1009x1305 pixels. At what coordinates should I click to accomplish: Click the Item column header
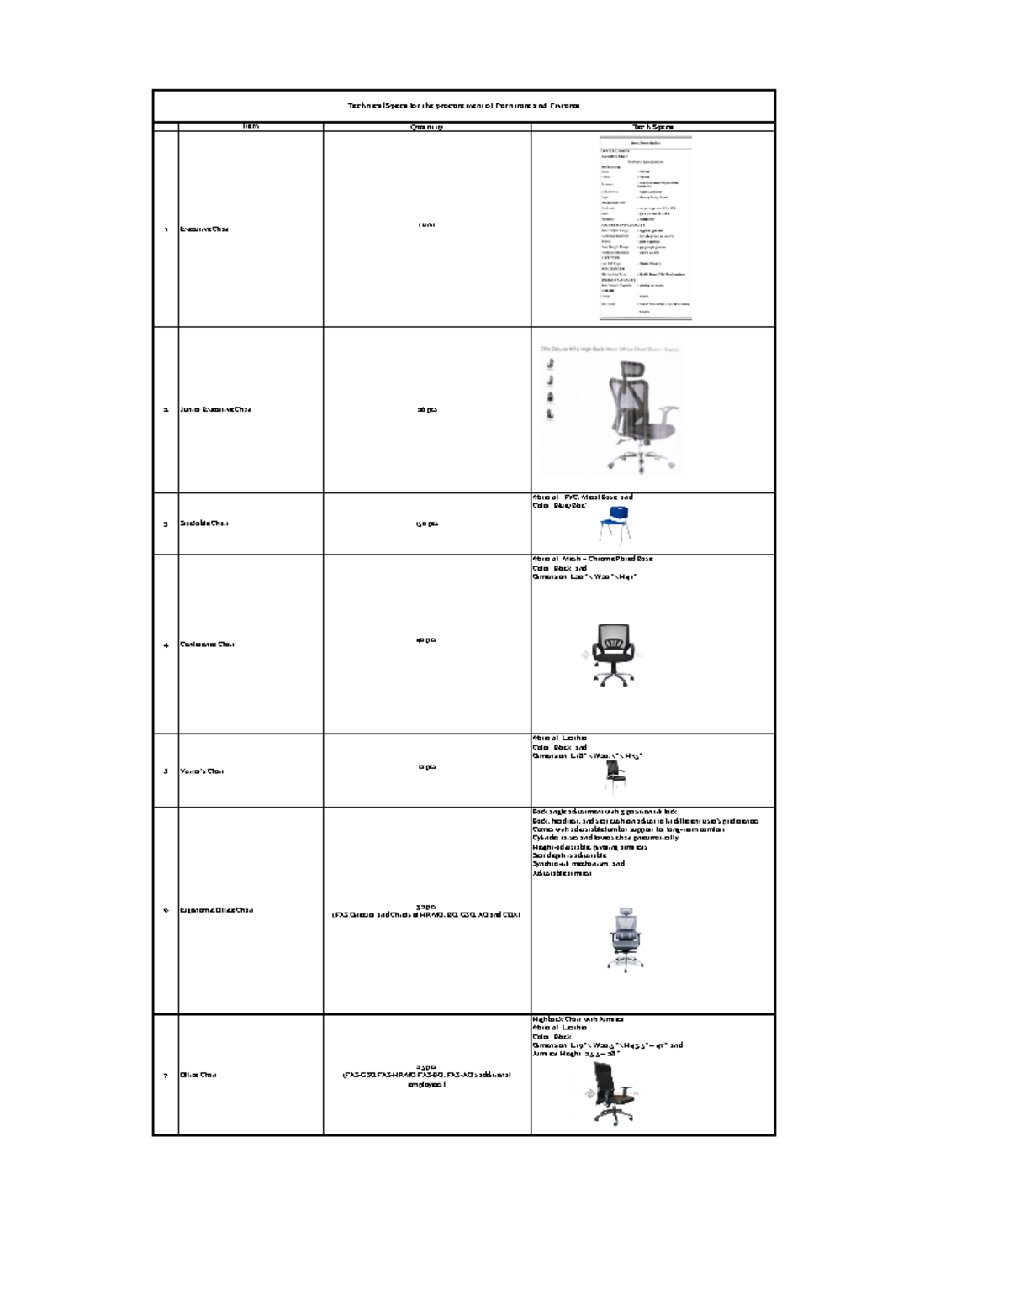(251, 127)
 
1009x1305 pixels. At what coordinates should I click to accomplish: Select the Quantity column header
(426, 127)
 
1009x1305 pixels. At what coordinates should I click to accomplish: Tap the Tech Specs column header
(652, 127)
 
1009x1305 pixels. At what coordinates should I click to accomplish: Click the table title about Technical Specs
(463, 106)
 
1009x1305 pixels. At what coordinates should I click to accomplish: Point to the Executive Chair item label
(204, 229)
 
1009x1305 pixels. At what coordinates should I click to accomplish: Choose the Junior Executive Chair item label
(215, 409)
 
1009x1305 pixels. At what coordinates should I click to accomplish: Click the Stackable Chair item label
(204, 524)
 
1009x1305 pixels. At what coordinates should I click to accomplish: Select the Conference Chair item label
(207, 645)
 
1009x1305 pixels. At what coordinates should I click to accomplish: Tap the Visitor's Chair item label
(202, 771)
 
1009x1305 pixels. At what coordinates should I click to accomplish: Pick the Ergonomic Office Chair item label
(216, 910)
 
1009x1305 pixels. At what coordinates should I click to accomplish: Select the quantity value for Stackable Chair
(426, 524)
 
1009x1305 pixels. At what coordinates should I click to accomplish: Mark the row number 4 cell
(166, 645)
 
